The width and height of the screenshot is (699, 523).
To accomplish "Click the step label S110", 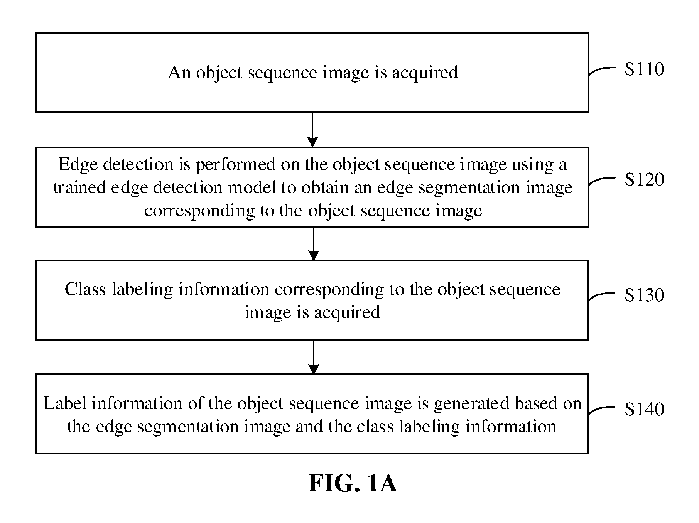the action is point(644,69).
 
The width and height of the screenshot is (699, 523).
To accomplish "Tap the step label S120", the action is point(644,179).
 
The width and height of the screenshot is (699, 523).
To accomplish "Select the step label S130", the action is point(644,295).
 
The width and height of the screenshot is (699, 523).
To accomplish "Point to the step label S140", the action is point(644,409).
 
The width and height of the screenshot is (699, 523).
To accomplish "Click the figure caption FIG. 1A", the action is point(352,483).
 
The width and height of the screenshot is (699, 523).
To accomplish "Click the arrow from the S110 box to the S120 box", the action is point(312,130).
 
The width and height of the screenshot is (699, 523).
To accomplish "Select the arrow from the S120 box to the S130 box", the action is point(314,243).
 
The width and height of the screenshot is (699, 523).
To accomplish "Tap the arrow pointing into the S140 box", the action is point(314,357).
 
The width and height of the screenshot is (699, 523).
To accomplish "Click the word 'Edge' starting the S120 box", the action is point(77,165).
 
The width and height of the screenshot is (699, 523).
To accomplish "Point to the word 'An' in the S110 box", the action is point(179,73).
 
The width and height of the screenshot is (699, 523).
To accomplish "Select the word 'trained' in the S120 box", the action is point(79,188).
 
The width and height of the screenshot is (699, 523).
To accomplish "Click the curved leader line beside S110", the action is point(602,70).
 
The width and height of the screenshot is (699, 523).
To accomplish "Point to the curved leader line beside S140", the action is point(602,410).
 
